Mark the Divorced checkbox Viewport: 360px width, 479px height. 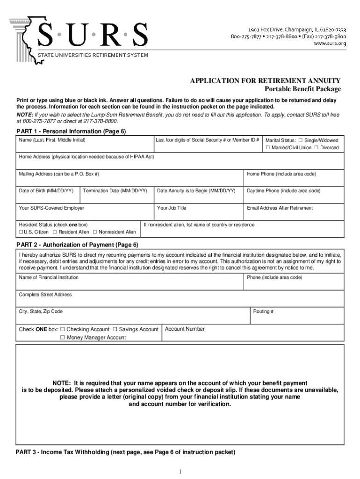coord(316,148)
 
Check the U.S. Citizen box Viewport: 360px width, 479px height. coord(21,232)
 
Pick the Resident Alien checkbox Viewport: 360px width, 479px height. coord(55,232)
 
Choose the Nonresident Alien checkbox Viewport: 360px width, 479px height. coord(95,232)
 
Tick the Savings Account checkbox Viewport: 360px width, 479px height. coord(115,329)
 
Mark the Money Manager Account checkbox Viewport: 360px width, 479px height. coord(63,337)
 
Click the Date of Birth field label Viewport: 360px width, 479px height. coord(46,191)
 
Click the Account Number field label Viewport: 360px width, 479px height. coord(185,329)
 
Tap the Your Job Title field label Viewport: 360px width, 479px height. coord(172,208)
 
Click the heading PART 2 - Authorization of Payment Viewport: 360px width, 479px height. coord(77,245)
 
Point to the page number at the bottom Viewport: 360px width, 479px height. coord(180,471)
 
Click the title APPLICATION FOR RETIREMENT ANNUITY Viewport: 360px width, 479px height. coord(265,80)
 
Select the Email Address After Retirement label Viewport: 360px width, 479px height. coord(280,208)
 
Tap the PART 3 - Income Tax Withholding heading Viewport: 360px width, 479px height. coord(125,452)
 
